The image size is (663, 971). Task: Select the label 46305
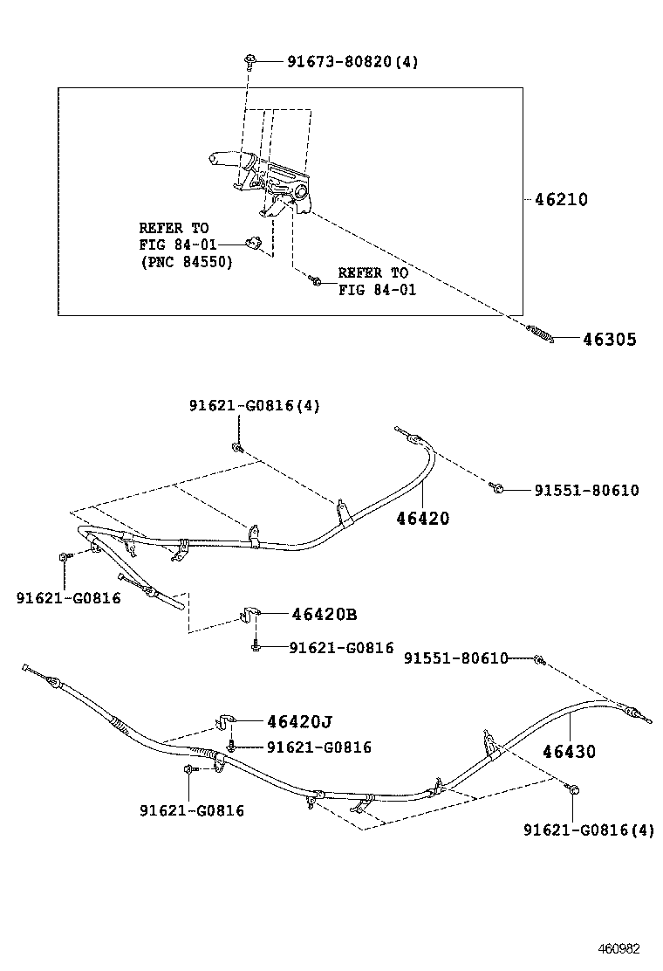coord(609,340)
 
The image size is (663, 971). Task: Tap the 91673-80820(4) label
coord(352,62)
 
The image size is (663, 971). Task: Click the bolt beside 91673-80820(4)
coord(250,60)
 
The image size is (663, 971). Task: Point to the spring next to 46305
coord(539,334)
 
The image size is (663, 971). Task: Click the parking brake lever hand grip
coord(225,159)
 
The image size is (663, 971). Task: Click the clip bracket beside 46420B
coord(248,616)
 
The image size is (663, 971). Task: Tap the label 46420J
coord(299,721)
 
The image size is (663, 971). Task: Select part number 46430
coord(569,751)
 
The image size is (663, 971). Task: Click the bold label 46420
coord(423,518)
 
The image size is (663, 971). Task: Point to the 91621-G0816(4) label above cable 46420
coord(255,406)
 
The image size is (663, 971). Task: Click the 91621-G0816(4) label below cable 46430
coord(588,831)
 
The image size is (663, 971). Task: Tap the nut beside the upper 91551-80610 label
coord(496,486)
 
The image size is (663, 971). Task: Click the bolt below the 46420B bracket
coord(254,647)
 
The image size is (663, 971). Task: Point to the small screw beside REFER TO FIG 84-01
coord(317,280)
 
